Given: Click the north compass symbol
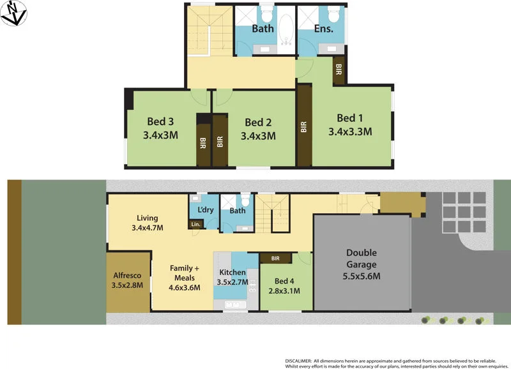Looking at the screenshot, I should click(x=13, y=13).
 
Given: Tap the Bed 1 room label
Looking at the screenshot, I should click(x=349, y=118).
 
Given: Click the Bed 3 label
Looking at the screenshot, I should click(x=160, y=121).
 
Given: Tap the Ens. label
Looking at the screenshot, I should click(x=324, y=29).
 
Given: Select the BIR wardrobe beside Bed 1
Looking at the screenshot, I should click(x=304, y=126).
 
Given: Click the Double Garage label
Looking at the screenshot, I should click(x=362, y=259).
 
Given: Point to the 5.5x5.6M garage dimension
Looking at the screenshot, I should click(x=362, y=276).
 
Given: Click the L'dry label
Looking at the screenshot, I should click(x=205, y=210).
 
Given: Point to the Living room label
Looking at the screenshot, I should click(x=147, y=217).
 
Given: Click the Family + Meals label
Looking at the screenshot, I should click(x=185, y=273).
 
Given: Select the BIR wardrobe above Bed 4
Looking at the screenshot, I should click(x=275, y=259).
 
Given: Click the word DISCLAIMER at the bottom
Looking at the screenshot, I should click(x=298, y=361).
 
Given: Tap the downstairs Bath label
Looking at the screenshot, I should click(x=237, y=211).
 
